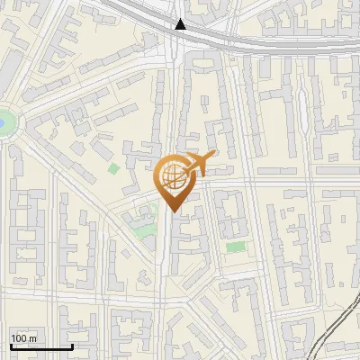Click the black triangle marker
[x=181, y=24]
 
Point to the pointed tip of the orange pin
[x=171, y=211]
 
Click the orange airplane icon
[x=198, y=165]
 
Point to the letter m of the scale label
[x=33, y=338]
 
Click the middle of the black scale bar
[x=41, y=346]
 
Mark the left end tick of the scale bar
[x=11, y=346]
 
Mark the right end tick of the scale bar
[x=72, y=346]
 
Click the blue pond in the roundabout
[x=3, y=121]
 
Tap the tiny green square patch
[x=113, y=167]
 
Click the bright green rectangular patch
[x=235, y=247]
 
